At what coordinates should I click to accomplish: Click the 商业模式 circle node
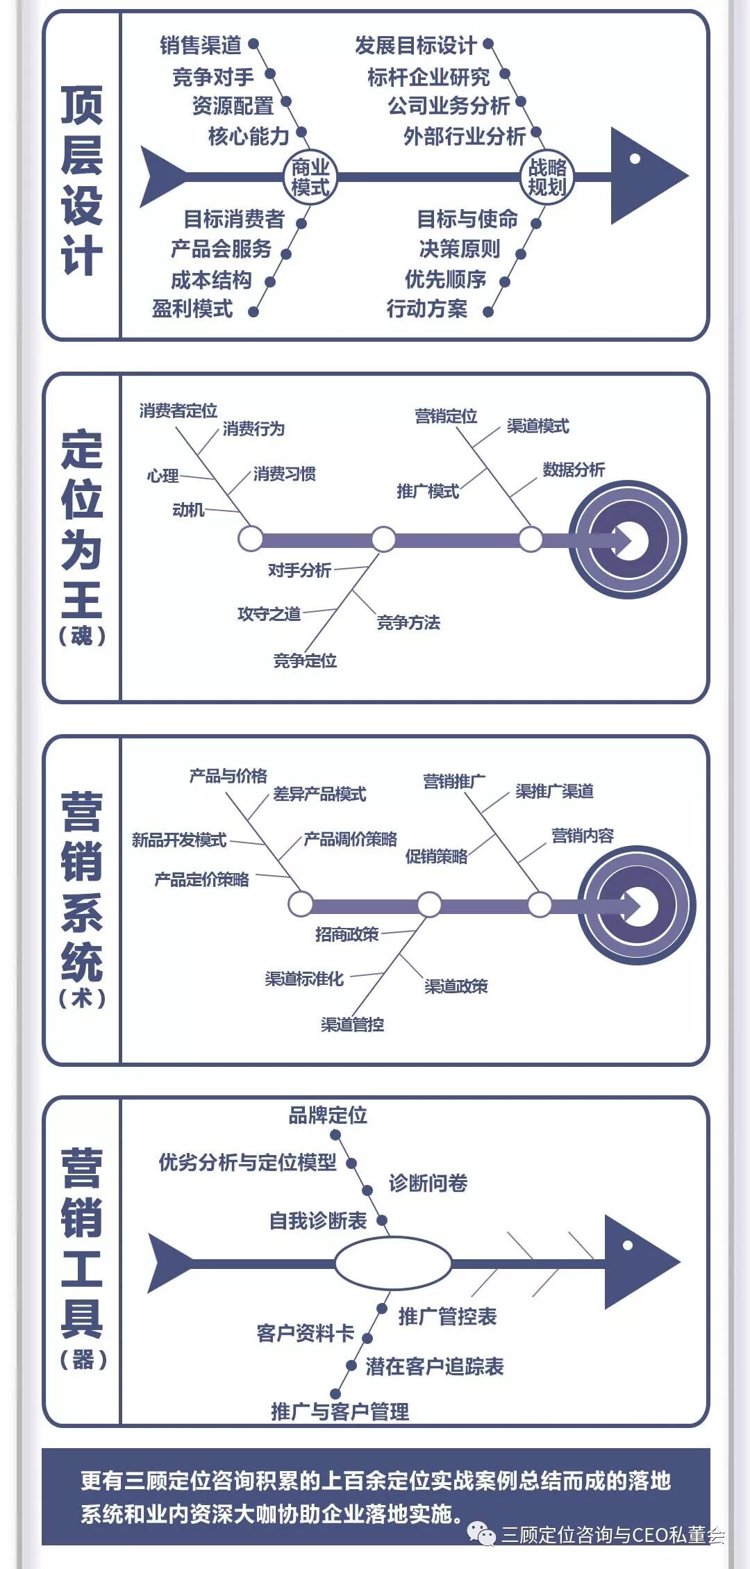310,177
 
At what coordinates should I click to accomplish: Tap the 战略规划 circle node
547,177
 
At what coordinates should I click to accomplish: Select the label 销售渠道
200,46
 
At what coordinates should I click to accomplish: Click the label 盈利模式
192,308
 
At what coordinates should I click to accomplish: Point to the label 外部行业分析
464,136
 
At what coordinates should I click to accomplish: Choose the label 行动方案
426,308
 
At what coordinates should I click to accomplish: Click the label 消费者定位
178,410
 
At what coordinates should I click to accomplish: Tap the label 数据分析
574,470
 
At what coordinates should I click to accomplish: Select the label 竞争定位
305,661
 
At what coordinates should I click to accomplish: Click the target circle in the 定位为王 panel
628,540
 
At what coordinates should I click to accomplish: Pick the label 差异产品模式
319,794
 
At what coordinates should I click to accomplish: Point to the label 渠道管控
352,1024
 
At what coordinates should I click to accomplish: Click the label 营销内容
583,836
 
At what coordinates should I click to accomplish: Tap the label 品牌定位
328,1115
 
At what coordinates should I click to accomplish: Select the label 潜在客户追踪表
434,1366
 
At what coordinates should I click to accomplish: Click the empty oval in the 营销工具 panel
393,1263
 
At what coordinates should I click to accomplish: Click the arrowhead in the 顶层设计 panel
646,175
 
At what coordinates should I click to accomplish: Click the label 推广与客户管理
340,1411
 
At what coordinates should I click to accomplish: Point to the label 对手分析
299,570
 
